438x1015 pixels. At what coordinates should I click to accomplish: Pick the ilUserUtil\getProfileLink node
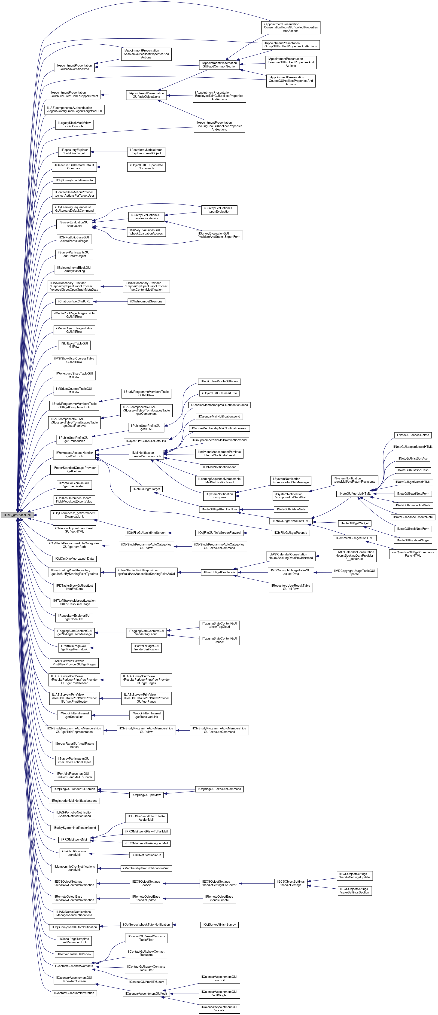click(219, 572)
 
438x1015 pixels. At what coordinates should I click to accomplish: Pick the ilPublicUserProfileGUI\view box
click(219, 381)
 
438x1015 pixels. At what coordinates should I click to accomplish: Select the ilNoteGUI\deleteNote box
click(291, 509)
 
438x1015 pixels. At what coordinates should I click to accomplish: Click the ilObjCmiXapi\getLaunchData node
click(74, 559)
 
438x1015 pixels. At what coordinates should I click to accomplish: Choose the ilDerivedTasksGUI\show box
click(74, 954)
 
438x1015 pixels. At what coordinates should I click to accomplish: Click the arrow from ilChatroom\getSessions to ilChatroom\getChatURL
click(110, 302)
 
